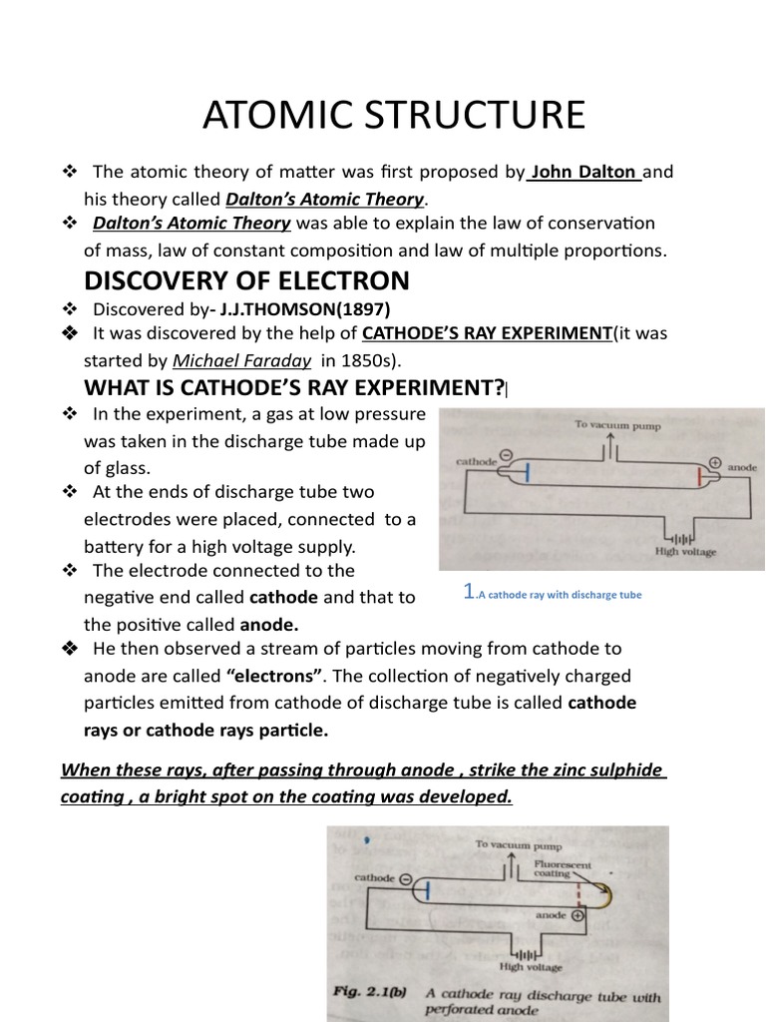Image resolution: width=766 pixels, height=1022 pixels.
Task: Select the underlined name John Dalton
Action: pyautogui.click(x=583, y=172)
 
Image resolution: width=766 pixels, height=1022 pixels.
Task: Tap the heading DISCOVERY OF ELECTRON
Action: pyautogui.click(x=246, y=279)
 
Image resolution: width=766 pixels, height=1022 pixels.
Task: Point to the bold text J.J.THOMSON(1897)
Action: pyautogui.click(x=305, y=309)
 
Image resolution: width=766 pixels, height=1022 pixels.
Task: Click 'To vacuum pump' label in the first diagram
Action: pyautogui.click(x=616, y=424)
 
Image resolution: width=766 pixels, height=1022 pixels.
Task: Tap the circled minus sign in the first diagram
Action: pyautogui.click(x=506, y=455)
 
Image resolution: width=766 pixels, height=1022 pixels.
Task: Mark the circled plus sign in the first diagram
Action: pyautogui.click(x=714, y=462)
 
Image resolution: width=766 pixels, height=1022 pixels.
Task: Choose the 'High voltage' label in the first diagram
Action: pyautogui.click(x=684, y=550)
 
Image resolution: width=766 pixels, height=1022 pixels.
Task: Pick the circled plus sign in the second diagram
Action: pyautogui.click(x=576, y=915)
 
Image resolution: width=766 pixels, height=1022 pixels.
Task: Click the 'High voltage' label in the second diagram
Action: pyautogui.click(x=530, y=966)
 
